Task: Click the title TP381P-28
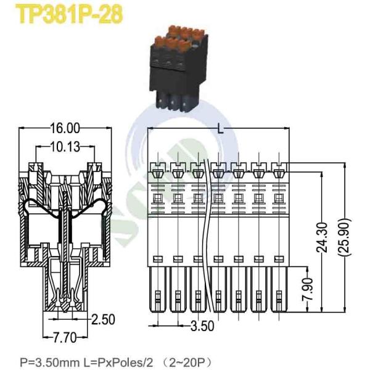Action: [x=69, y=15]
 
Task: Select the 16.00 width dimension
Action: [x=65, y=129]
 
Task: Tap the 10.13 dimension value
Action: [x=65, y=147]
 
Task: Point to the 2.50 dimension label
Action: [x=103, y=319]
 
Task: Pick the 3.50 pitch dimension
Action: [x=202, y=326]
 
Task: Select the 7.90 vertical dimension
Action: [x=308, y=289]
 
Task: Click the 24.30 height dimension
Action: [x=322, y=237]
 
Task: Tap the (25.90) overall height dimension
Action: [x=345, y=237]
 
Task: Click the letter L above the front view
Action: [x=220, y=129]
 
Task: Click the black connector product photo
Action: [x=179, y=68]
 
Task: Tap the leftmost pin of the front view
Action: [x=158, y=289]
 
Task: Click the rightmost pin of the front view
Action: [x=279, y=289]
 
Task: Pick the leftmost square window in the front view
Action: [x=158, y=197]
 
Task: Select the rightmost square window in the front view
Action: [x=279, y=197]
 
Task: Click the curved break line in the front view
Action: [x=208, y=236]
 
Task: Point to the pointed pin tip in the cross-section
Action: [x=65, y=310]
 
